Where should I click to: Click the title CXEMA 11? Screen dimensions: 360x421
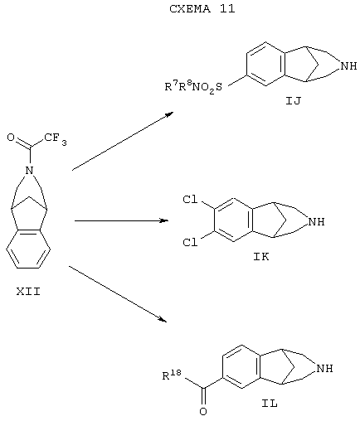pos(202,9)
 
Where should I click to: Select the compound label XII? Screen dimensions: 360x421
pos(28,292)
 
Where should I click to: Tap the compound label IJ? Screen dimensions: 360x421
pos(294,101)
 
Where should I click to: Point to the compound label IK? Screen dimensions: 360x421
pos(261,257)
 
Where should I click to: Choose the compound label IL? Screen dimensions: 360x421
pos(270,404)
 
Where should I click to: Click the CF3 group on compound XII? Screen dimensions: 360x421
pos(56,138)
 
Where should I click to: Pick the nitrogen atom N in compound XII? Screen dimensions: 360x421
pos(29,170)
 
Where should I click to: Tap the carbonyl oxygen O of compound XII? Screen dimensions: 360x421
pos(11,138)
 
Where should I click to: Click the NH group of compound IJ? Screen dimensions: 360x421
pos(349,66)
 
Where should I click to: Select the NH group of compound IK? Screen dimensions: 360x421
pos(317,222)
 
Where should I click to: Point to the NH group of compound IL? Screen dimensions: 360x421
pos(324,369)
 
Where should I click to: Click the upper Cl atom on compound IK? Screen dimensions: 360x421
pos(191,200)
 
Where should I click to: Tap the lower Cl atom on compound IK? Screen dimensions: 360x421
pos(191,243)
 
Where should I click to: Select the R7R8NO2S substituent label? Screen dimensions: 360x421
pos(193,86)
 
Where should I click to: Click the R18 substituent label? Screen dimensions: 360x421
pos(172,375)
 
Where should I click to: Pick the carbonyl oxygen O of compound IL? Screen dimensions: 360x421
pos(203,412)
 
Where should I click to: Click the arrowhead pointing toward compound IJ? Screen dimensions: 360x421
pos(170,114)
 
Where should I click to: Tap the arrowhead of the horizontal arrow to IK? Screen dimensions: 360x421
pos(165,220)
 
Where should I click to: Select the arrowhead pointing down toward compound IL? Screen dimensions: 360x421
pos(163,319)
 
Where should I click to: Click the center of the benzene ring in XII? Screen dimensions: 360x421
pos(28,249)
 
